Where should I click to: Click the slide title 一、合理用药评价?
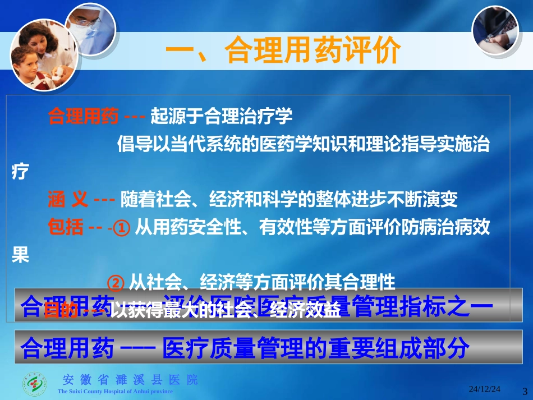point(283,52)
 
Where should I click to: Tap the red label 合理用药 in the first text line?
point(83,117)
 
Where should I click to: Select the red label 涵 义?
point(68,199)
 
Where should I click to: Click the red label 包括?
point(66,227)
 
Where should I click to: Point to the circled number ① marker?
point(122,228)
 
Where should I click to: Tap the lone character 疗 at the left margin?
point(20,172)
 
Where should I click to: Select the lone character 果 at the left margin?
point(20,256)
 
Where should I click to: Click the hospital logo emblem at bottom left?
point(35,384)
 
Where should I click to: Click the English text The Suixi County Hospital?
point(115,392)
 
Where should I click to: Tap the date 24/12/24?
point(485,389)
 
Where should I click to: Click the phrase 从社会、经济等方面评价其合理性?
point(263,282)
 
